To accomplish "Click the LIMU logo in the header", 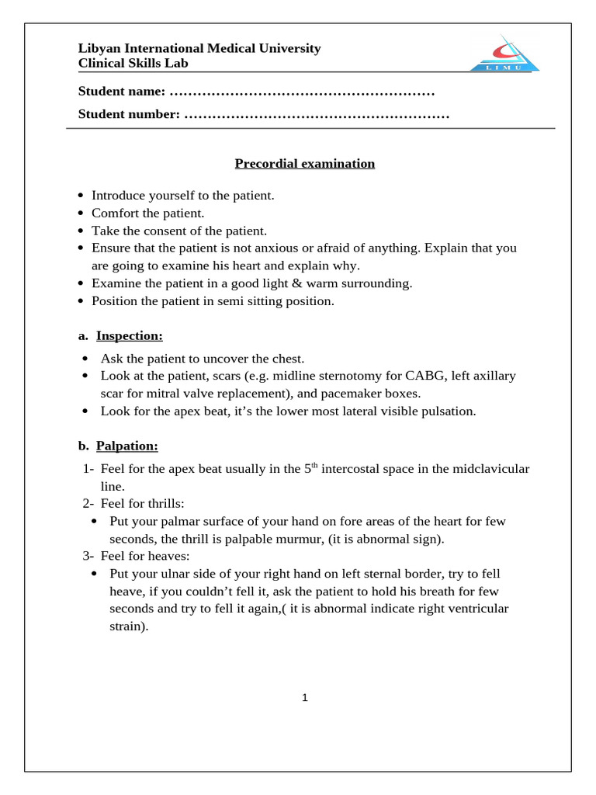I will pyautogui.click(x=504, y=55).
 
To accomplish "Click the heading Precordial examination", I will pyautogui.click(x=305, y=164).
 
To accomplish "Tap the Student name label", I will pyautogui.click(x=122, y=92).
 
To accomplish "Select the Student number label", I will pyautogui.click(x=129, y=115).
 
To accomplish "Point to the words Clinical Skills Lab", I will pyautogui.click(x=133, y=64).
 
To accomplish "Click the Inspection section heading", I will pyautogui.click(x=129, y=336).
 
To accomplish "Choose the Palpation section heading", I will pyautogui.click(x=126, y=446).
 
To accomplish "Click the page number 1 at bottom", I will pyautogui.click(x=305, y=698).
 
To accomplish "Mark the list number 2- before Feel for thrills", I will pyautogui.click(x=88, y=504).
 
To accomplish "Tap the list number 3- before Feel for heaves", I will pyautogui.click(x=88, y=556).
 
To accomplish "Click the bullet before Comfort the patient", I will pyautogui.click(x=81, y=214).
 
